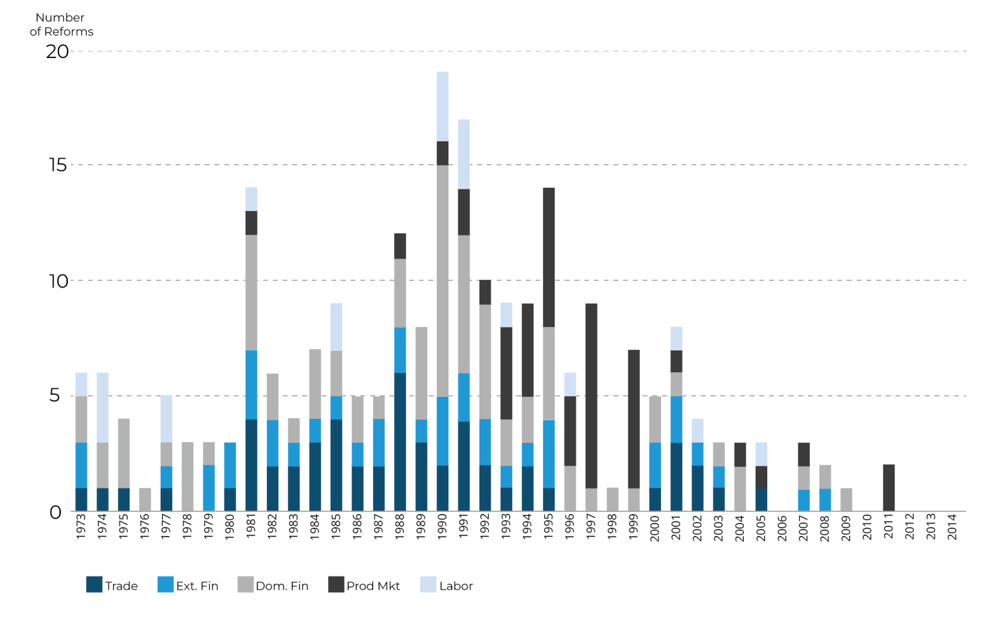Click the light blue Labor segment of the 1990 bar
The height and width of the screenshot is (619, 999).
[x=442, y=106]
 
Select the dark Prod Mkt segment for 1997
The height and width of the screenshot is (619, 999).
[x=591, y=396]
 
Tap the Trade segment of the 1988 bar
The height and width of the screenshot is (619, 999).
[x=400, y=442]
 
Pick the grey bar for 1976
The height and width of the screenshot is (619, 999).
[x=145, y=499]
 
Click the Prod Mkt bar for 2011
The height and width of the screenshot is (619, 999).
[x=889, y=487]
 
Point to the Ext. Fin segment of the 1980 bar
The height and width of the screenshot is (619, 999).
[x=230, y=465]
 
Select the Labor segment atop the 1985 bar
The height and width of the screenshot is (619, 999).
[x=336, y=327]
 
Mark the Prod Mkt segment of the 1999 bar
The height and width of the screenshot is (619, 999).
[x=634, y=419]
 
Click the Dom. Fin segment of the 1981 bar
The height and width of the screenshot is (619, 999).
[x=251, y=292]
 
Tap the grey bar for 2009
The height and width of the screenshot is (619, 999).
[x=846, y=499]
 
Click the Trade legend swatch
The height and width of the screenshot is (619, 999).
[x=94, y=584]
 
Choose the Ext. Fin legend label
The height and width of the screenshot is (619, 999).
[x=197, y=586]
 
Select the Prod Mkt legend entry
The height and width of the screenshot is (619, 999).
[x=373, y=586]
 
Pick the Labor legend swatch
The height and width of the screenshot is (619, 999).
[x=428, y=584]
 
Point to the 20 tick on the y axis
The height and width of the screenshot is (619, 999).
[x=58, y=52]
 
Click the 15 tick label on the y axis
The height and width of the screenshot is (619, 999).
[x=58, y=165]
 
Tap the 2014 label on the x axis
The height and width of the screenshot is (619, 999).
[x=952, y=527]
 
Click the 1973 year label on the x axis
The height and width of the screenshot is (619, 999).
[x=81, y=526]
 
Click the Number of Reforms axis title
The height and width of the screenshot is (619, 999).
[x=61, y=24]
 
